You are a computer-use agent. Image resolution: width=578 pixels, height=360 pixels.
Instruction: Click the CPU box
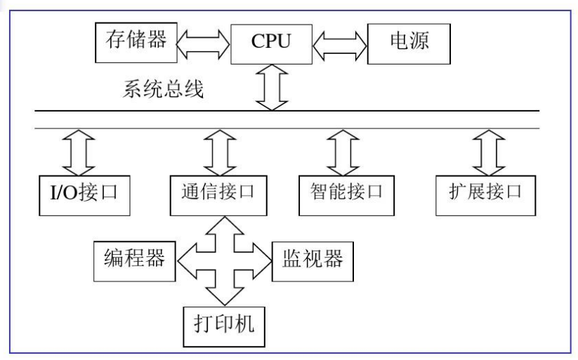[x=271, y=44]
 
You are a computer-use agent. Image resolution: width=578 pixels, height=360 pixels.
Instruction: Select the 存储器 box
[x=136, y=42]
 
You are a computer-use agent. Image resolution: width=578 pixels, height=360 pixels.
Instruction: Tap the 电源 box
[x=409, y=44]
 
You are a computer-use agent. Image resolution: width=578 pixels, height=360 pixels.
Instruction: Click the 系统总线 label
[x=163, y=89]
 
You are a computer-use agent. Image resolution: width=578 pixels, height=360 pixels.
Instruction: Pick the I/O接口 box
[x=84, y=196]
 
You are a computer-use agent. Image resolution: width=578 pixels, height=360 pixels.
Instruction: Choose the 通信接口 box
[x=218, y=196]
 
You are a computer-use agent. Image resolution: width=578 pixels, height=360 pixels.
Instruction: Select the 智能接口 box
[x=346, y=196]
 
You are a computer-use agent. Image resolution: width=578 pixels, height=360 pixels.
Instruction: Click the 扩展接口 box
[x=485, y=196]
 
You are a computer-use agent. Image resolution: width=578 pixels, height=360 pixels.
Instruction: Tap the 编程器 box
[x=135, y=261]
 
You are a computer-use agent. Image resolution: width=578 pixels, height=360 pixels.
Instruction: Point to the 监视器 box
[x=313, y=262]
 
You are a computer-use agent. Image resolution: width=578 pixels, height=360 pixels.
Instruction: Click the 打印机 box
[x=224, y=327]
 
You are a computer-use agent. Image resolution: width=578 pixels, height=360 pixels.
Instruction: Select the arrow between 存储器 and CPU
[x=204, y=44]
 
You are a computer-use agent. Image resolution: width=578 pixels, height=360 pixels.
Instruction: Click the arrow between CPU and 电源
[x=340, y=46]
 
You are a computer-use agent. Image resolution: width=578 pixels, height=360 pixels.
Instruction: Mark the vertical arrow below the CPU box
[x=272, y=88]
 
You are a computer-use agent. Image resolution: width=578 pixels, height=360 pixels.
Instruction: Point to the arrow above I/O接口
[x=79, y=152]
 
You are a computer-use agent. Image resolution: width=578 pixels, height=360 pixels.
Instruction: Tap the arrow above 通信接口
[x=220, y=152]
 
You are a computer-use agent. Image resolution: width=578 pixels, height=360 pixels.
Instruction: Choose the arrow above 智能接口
[x=343, y=152]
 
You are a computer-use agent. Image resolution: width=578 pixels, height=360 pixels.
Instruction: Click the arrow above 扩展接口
[x=489, y=152]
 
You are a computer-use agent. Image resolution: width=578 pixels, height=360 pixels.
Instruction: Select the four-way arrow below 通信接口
[x=225, y=261]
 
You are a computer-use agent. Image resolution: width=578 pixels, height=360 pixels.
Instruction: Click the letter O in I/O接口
[x=70, y=193]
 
